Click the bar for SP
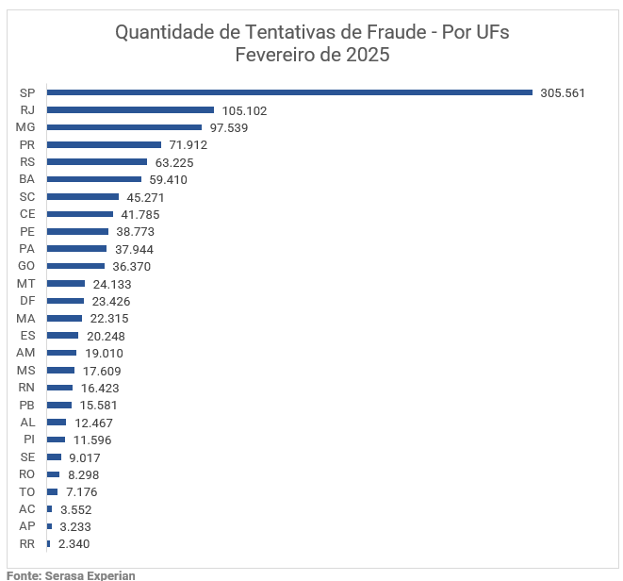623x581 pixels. (x=290, y=92)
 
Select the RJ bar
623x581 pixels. (x=130, y=110)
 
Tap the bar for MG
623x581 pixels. (x=124, y=127)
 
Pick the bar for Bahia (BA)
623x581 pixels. (x=94, y=179)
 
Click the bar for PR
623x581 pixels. (x=104, y=144)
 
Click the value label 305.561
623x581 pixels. (x=563, y=93)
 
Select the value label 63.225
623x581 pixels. (x=173, y=162)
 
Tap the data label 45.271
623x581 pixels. (x=145, y=197)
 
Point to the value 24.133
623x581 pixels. (x=111, y=284)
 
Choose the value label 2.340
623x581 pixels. (x=74, y=544)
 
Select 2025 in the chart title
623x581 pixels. (x=367, y=55)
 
